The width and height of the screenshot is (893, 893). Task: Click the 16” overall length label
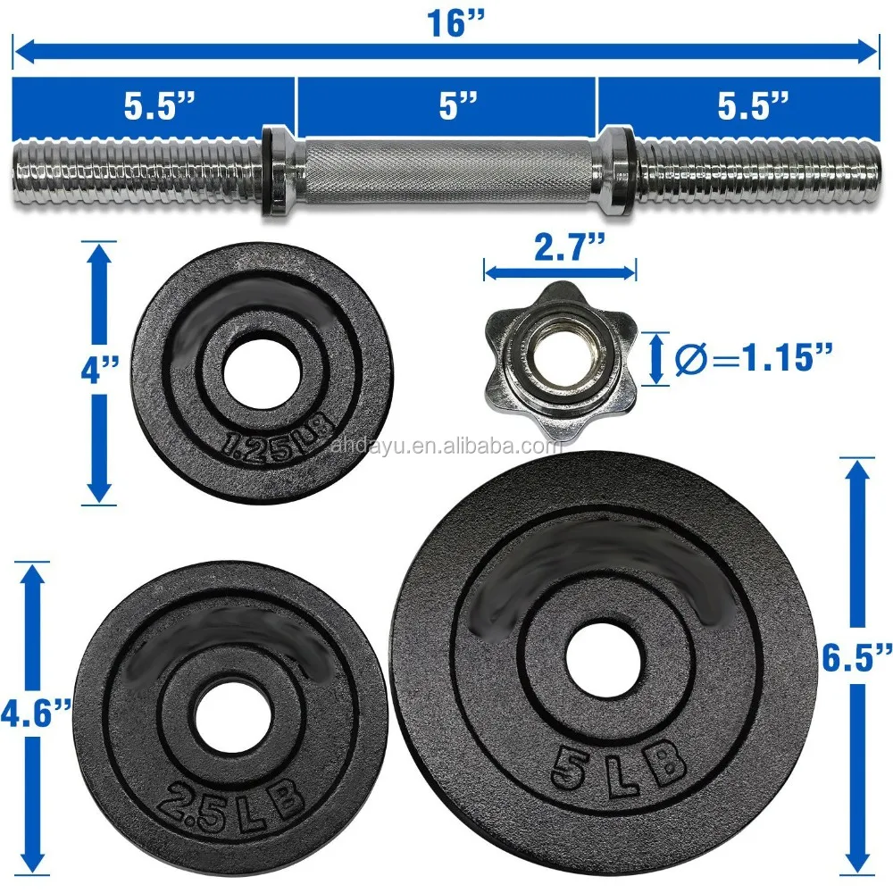[455, 23]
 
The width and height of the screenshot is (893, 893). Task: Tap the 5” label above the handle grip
[458, 105]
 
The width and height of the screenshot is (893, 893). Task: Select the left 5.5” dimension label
[160, 105]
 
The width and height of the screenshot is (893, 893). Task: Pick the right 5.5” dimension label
[753, 105]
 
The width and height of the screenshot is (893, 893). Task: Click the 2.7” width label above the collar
[570, 247]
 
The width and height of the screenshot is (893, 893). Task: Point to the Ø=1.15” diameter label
[754, 358]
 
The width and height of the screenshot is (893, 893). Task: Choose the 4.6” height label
[36, 714]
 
